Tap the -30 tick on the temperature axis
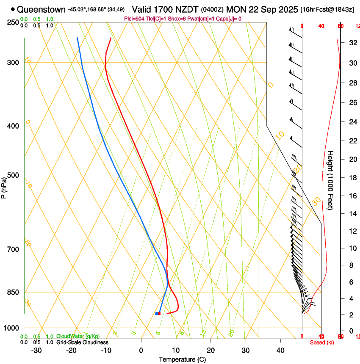(x=36, y=350)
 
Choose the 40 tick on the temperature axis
(x=280, y=350)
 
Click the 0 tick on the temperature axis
(x=141, y=350)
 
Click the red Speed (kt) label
(x=322, y=342)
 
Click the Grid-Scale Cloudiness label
(x=82, y=342)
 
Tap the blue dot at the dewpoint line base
(x=157, y=314)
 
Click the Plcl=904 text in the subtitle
(x=133, y=19)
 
